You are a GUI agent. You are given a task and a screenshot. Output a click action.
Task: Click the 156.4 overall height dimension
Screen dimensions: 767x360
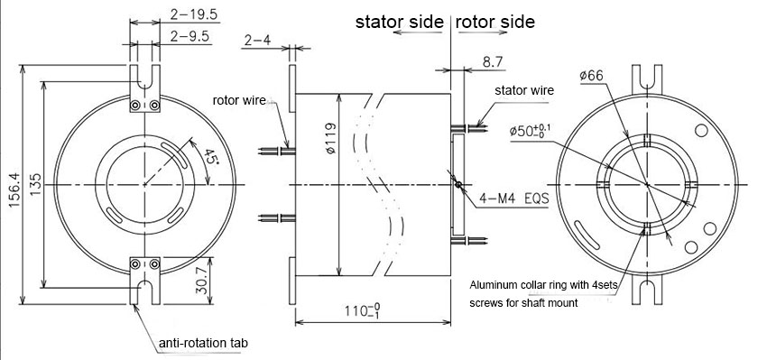pyautogui.click(x=14, y=184)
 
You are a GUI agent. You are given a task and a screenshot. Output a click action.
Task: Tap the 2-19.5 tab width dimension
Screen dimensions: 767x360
pyautogui.click(x=194, y=14)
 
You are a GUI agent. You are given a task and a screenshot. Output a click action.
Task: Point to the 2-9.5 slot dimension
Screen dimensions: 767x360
pyautogui.click(x=189, y=36)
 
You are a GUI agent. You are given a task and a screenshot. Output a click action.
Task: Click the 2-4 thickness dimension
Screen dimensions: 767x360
pyautogui.click(x=257, y=40)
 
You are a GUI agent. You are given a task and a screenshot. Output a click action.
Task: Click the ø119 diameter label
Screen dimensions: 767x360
pyautogui.click(x=330, y=139)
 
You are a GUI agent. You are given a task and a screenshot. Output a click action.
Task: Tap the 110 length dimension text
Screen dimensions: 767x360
pyautogui.click(x=363, y=311)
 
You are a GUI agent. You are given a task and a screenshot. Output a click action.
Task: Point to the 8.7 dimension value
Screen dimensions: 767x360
pyautogui.click(x=493, y=62)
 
